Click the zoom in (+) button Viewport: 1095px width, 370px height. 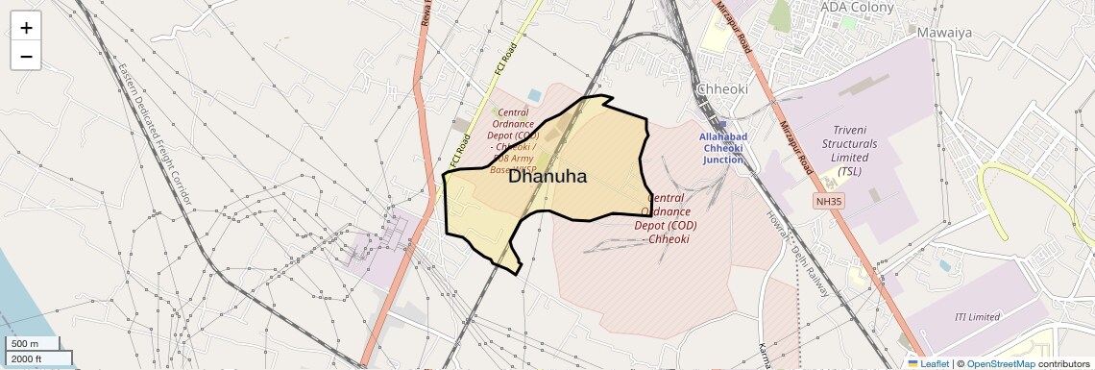click(x=26, y=28)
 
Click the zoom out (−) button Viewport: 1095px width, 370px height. click(x=26, y=57)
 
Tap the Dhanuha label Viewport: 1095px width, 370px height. click(x=547, y=176)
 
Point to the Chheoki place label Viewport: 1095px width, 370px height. click(x=728, y=88)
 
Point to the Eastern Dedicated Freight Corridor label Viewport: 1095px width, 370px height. click(x=154, y=133)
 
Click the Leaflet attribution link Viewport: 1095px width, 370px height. click(x=929, y=363)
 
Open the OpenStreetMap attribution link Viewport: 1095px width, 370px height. click(x=1000, y=363)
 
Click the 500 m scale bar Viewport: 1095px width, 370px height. click(x=34, y=343)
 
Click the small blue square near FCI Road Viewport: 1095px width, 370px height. click(x=534, y=94)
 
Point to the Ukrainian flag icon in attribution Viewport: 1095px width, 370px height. click(x=912, y=363)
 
